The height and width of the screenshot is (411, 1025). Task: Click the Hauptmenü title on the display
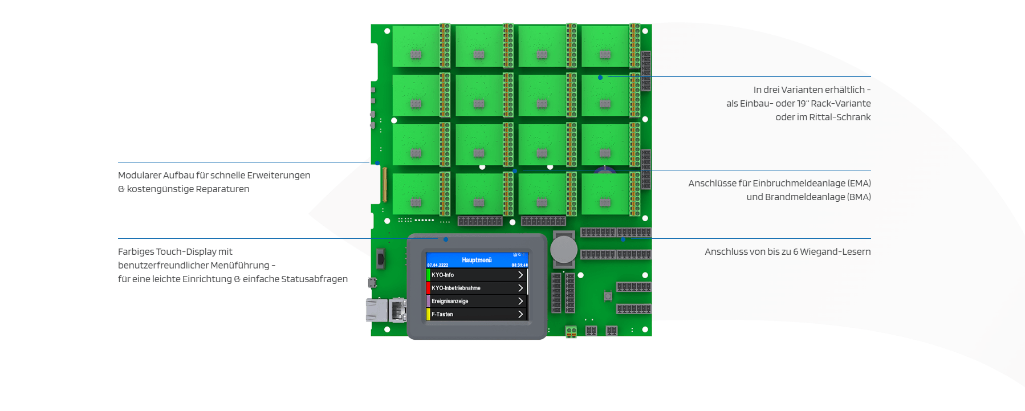click(x=477, y=260)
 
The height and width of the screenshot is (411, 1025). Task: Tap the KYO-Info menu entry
click(x=443, y=275)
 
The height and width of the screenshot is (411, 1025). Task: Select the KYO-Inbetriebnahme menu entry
click(x=456, y=288)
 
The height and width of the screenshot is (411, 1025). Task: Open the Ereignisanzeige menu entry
click(x=450, y=301)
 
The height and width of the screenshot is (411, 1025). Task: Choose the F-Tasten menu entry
click(x=442, y=314)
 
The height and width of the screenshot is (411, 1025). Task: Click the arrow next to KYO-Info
click(x=520, y=275)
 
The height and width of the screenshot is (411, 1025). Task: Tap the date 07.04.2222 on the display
click(x=438, y=265)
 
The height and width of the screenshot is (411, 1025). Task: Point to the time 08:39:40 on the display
click(x=519, y=265)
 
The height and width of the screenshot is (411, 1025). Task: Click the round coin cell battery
click(x=563, y=249)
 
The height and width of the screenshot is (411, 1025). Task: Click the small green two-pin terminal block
click(x=571, y=331)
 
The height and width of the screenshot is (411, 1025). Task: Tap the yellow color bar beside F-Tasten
click(x=428, y=314)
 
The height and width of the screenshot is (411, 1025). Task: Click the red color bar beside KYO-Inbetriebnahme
click(x=428, y=288)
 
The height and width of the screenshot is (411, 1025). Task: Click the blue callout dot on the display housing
click(x=446, y=239)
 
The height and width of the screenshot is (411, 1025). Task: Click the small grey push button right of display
click(x=608, y=296)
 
